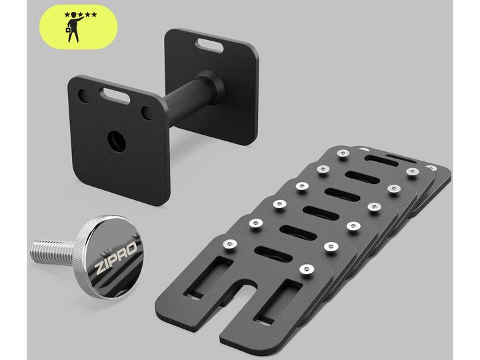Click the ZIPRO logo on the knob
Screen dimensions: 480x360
[x=116, y=254]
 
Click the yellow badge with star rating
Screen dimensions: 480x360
[x=79, y=27]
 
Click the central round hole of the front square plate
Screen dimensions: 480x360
[x=117, y=142]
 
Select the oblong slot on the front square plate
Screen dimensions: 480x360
[x=116, y=95]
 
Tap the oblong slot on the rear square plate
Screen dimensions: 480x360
[x=209, y=45]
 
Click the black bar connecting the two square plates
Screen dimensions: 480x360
[x=184, y=99]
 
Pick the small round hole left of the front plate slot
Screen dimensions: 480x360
[x=83, y=96]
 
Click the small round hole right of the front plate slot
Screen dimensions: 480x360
[x=147, y=113]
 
